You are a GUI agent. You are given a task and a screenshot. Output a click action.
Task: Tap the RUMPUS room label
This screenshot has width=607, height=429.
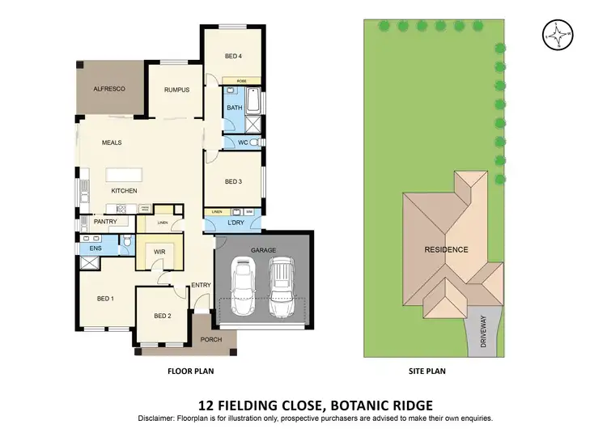point(176,90)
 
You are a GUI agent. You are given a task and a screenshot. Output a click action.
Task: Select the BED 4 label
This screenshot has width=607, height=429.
point(233,56)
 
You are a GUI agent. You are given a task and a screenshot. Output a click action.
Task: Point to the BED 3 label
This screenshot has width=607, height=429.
point(233,181)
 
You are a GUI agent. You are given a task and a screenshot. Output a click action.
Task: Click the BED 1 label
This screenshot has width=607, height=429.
point(104,299)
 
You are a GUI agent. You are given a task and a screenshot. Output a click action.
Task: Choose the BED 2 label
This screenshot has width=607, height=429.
point(162,316)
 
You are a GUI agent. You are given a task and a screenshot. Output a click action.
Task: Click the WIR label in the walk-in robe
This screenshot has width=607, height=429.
point(159,252)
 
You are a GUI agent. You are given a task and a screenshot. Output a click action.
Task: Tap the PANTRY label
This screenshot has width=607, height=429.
point(106,221)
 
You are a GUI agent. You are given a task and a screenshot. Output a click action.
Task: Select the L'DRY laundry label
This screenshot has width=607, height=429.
point(236,222)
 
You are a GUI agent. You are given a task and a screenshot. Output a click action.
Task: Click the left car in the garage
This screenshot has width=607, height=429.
point(244,288)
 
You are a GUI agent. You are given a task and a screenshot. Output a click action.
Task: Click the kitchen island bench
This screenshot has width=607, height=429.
point(123,174)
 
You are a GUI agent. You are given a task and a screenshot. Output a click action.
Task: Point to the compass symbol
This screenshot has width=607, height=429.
point(556,36)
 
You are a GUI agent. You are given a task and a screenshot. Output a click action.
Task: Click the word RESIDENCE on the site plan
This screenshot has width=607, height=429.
point(446,249)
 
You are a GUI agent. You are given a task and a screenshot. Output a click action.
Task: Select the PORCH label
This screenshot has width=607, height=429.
point(210,340)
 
